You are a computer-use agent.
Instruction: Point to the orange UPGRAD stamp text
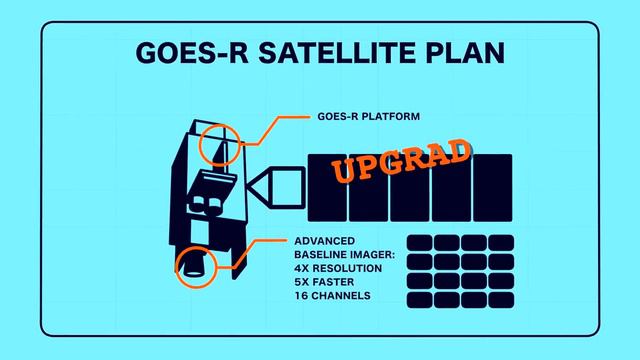pyautogui.click(x=400, y=161)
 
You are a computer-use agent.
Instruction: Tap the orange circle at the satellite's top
pyautogui.click(x=221, y=146)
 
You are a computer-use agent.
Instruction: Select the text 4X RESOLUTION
pyautogui.click(x=339, y=269)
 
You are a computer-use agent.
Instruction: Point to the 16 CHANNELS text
pyautogui.click(x=333, y=296)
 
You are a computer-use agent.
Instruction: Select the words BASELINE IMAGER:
pyautogui.click(x=345, y=255)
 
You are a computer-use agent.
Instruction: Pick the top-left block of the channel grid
pyautogui.click(x=421, y=243)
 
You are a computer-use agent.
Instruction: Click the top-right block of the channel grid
pyautogui.click(x=500, y=243)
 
